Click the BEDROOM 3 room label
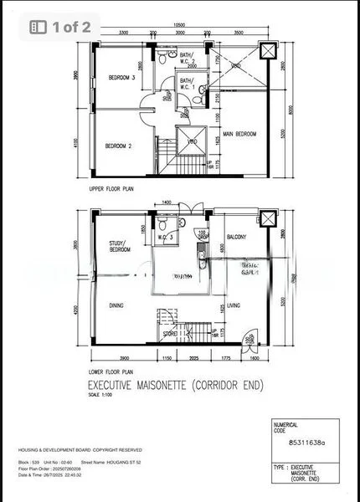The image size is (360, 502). [x=121, y=78]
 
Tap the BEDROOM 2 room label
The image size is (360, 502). [x=118, y=146]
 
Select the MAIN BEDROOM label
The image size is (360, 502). [x=239, y=134]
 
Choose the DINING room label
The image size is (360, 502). [x=116, y=305]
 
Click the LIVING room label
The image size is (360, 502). [x=234, y=305]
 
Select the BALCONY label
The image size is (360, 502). [x=237, y=237]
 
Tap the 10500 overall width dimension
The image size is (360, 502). [x=179, y=25]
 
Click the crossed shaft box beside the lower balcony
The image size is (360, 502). [x=267, y=219]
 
